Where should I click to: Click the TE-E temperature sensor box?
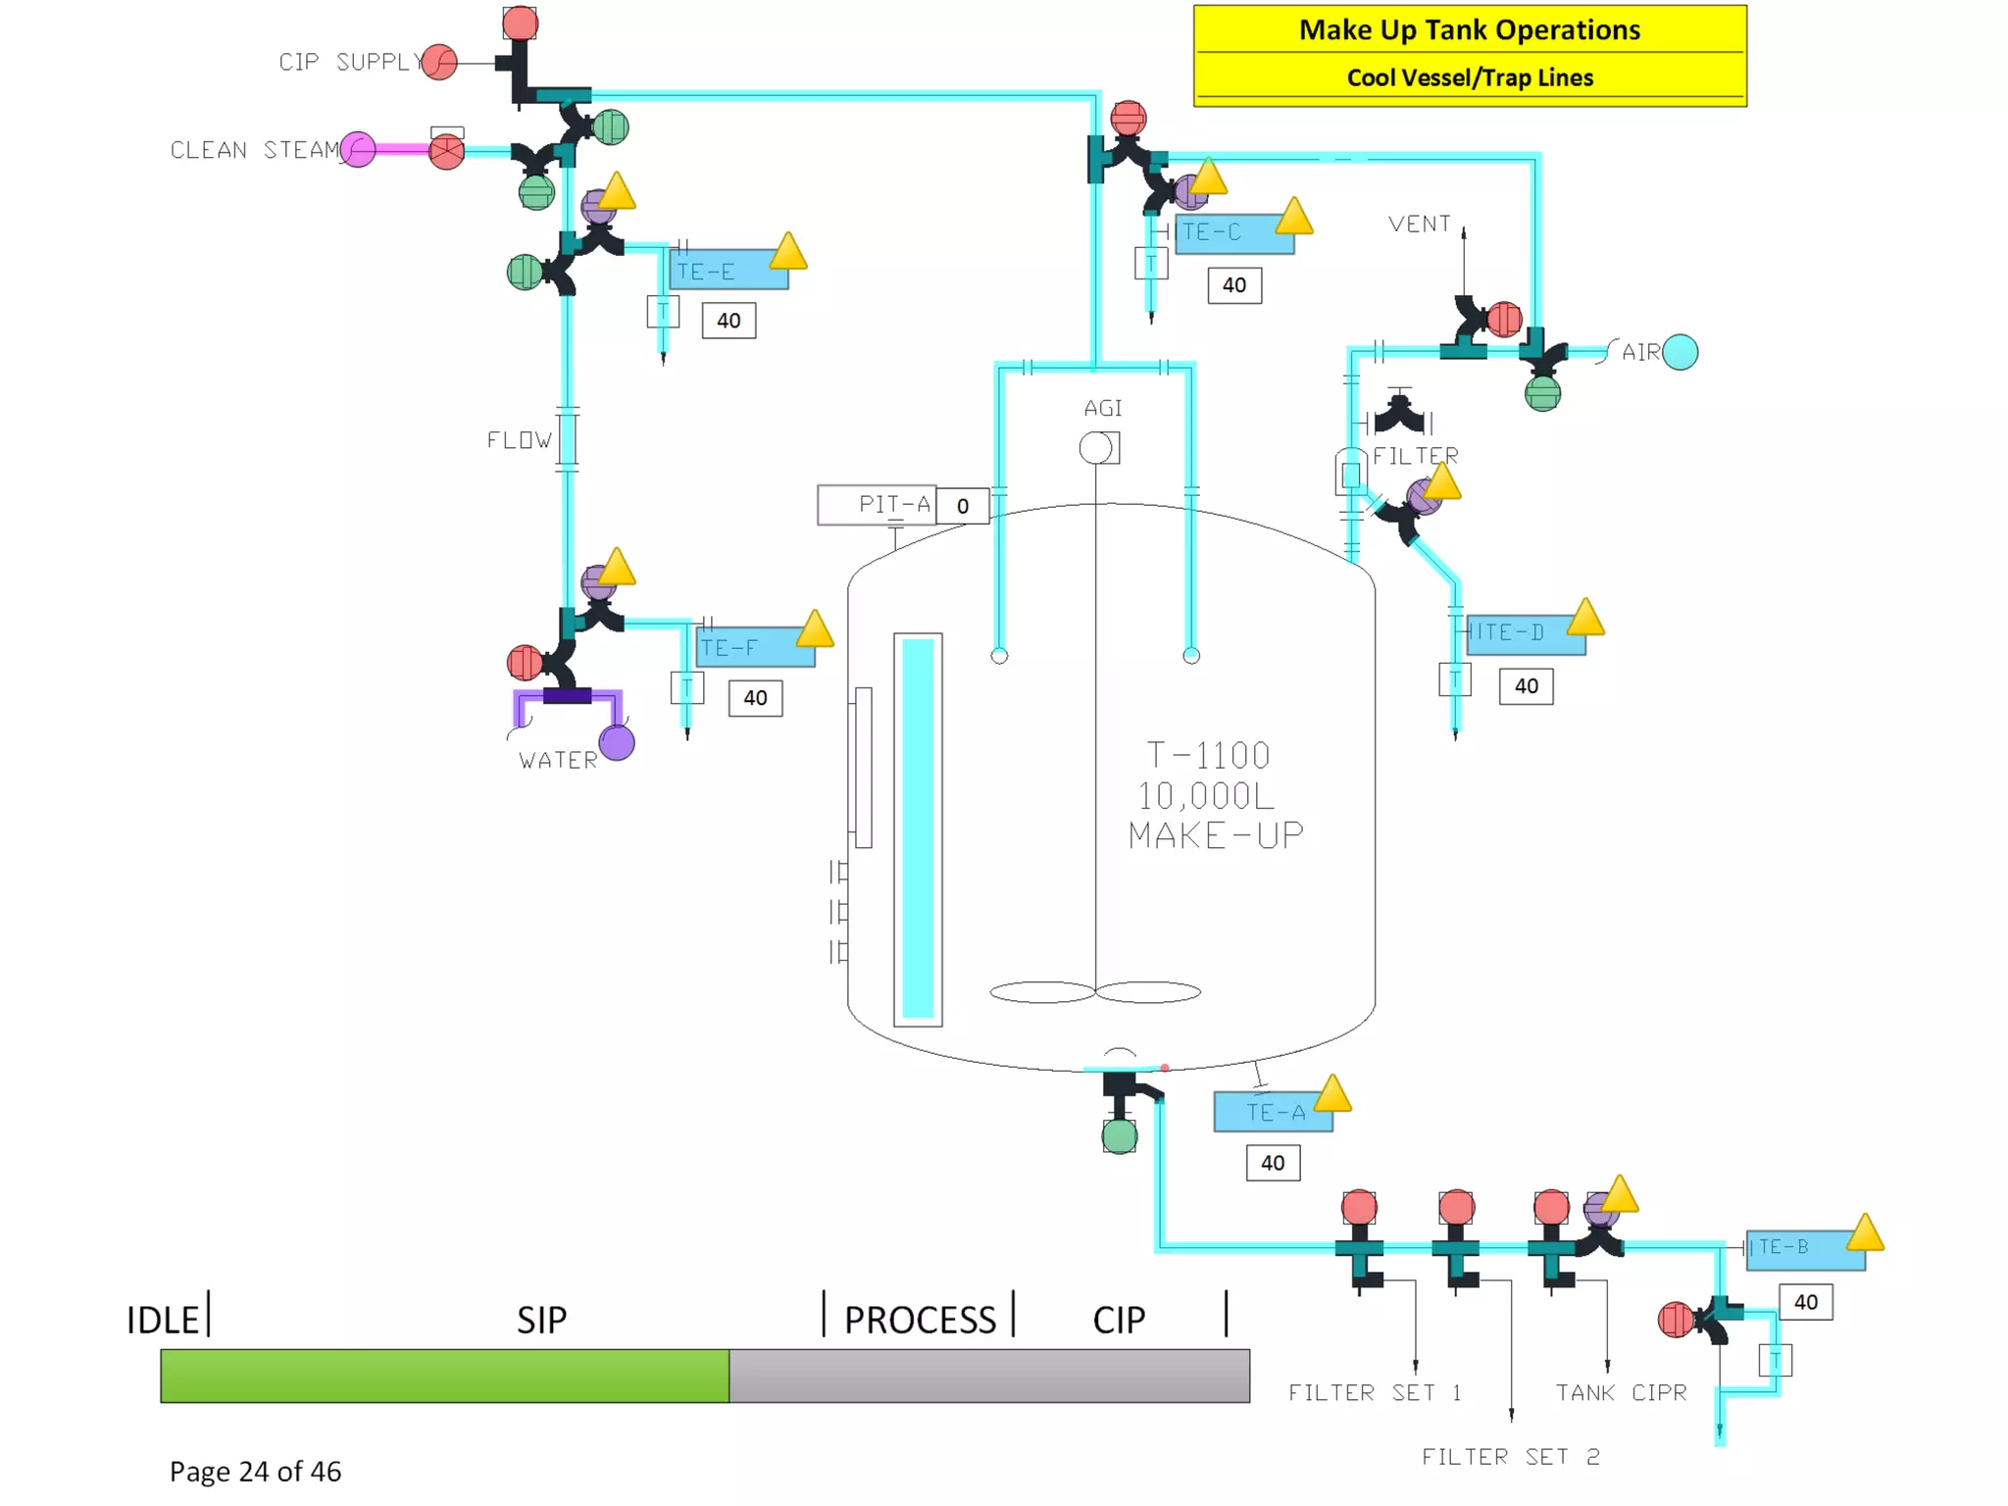[728, 271]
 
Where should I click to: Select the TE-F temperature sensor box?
[755, 648]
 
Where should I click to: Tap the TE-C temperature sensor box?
[1232, 233]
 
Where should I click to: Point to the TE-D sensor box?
[1525, 633]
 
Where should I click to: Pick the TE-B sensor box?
[1804, 1248]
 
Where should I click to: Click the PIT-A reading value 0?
[962, 506]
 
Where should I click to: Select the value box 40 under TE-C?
[1233, 285]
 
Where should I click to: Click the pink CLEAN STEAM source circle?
[358, 150]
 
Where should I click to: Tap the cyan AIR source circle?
[1680, 352]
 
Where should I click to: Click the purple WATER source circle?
[617, 743]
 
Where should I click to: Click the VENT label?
[1419, 225]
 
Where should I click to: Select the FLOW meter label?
[520, 440]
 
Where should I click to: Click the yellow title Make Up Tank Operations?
[1469, 30]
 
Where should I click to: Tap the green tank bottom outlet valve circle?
[1119, 1136]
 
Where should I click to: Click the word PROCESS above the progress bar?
[920, 1320]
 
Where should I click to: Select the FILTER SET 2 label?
[1510, 1457]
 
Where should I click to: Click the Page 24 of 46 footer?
[255, 1471]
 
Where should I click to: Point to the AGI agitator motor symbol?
[1097, 448]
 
